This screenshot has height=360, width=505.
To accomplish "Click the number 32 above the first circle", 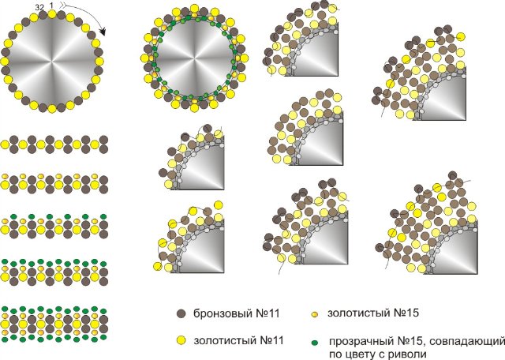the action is [39, 7].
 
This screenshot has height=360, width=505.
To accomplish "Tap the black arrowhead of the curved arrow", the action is [103, 34].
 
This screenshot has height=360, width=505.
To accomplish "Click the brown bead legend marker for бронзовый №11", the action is [182, 313].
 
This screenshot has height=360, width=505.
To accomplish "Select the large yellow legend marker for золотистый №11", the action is [182, 340].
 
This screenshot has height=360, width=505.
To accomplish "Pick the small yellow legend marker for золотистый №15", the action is [313, 313].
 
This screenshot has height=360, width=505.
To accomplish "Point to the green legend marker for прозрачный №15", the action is [313, 341].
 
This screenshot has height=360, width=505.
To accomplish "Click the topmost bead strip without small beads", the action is [54, 144].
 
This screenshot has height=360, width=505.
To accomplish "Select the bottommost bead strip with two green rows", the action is [54, 323].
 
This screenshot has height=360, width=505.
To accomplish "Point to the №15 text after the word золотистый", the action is [403, 313].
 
